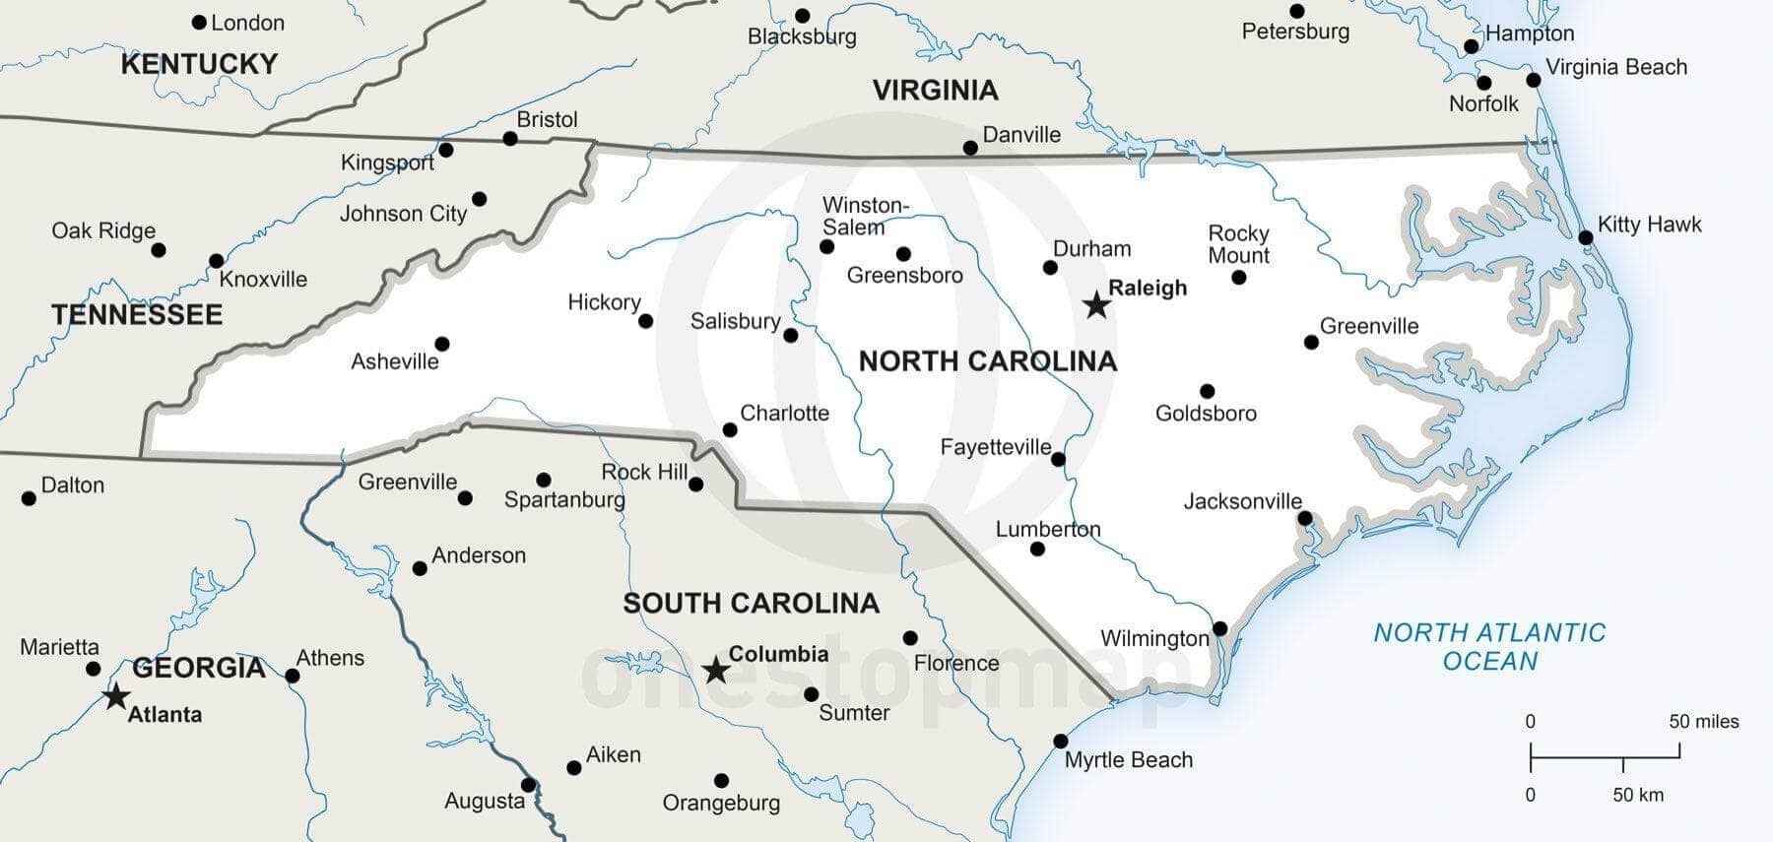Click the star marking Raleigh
[x=1096, y=305]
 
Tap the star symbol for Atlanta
[x=116, y=696]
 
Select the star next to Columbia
[x=716, y=672]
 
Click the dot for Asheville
[x=442, y=344]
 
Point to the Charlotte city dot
[x=730, y=429]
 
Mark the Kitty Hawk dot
[x=1586, y=237]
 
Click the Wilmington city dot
[x=1219, y=628]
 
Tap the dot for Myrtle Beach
[x=1061, y=741]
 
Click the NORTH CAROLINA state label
[x=987, y=361]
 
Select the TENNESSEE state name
[x=137, y=315]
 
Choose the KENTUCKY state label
[x=199, y=64]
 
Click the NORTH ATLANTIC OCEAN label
[x=1489, y=646]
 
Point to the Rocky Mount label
[x=1238, y=244]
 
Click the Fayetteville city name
[x=995, y=447]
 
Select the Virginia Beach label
[x=1615, y=67]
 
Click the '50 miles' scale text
[x=1703, y=722]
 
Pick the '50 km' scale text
[x=1637, y=795]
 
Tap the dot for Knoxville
[x=216, y=261]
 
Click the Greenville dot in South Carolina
[x=465, y=498]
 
